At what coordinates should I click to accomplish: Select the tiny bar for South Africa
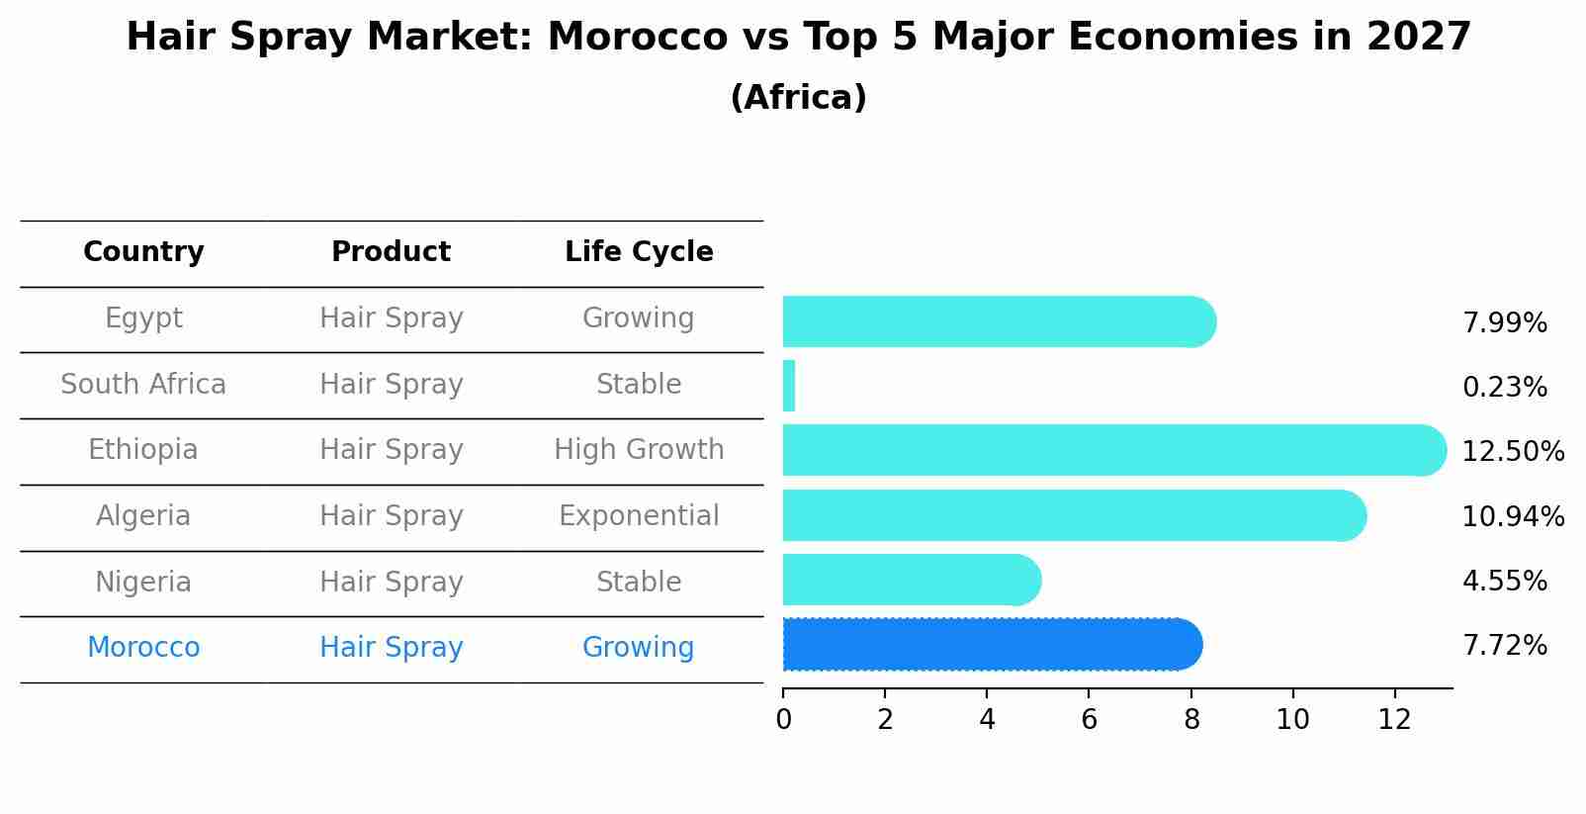(789, 386)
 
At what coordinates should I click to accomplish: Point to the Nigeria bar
(911, 580)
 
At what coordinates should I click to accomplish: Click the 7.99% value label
(1504, 323)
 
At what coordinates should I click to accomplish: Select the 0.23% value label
(1504, 388)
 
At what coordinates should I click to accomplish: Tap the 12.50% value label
(1512, 452)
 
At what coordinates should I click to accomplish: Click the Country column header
(143, 252)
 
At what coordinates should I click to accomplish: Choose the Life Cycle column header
(639, 252)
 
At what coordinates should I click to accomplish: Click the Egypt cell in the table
(143, 318)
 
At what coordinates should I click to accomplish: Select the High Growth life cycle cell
(639, 450)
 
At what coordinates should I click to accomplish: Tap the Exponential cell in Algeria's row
(639, 516)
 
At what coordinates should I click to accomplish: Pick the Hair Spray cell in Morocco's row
(391, 648)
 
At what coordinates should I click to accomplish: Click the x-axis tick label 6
(1089, 720)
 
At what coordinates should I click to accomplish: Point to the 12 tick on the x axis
(1394, 720)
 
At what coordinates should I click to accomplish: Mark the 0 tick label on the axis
(783, 720)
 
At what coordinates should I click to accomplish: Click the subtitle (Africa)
(798, 98)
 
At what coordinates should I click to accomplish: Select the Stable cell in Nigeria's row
(639, 583)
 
